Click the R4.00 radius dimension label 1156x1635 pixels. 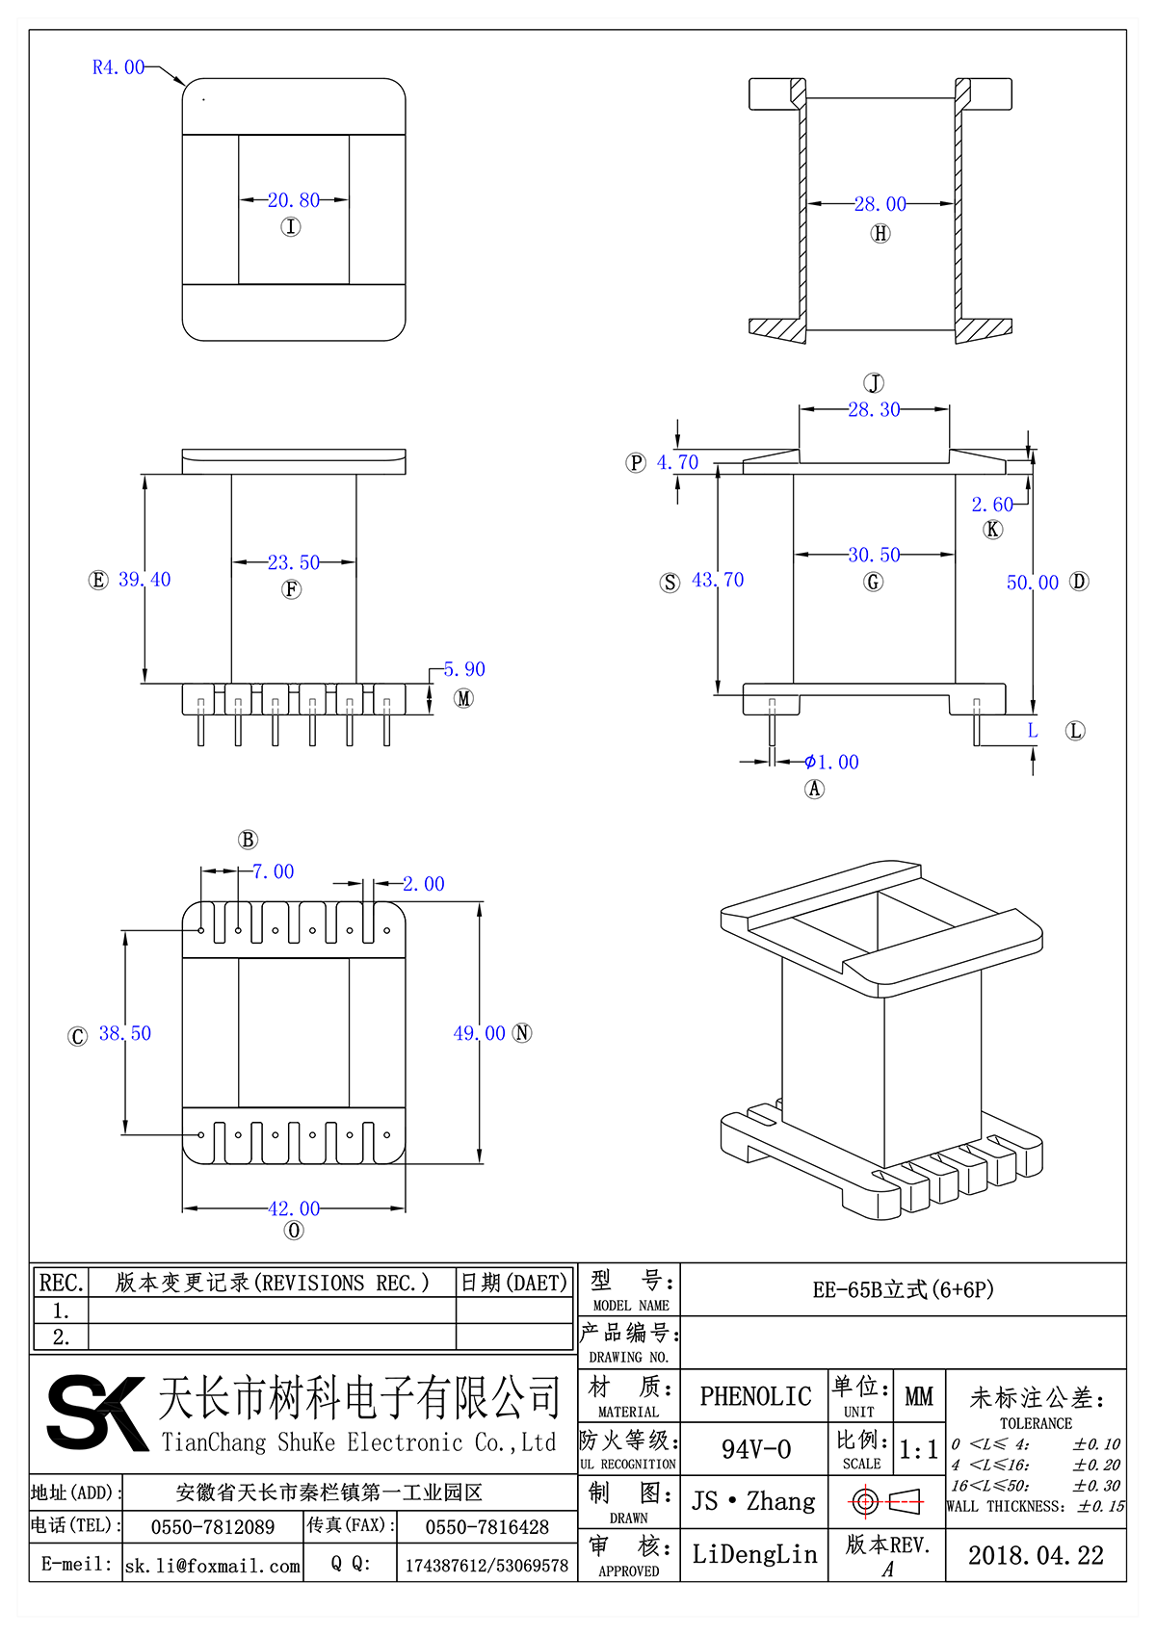(118, 67)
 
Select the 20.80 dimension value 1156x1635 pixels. (294, 200)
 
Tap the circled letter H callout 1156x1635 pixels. (880, 233)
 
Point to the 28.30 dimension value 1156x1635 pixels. (874, 409)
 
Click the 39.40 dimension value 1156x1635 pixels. (144, 580)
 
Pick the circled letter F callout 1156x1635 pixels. (292, 589)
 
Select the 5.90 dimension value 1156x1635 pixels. (464, 669)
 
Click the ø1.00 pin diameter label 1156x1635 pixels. (832, 763)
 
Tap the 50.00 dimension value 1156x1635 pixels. (1032, 583)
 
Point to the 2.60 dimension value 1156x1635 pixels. (992, 505)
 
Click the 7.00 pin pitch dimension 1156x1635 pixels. (273, 871)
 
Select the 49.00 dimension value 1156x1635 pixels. (479, 1033)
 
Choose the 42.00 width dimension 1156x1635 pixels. (294, 1208)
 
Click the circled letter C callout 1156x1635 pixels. (78, 1036)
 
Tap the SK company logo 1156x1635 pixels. (96, 1413)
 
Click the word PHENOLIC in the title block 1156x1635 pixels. (755, 1396)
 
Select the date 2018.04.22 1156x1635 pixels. (1036, 1555)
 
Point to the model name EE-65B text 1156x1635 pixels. (903, 1289)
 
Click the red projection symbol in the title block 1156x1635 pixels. (886, 1501)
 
